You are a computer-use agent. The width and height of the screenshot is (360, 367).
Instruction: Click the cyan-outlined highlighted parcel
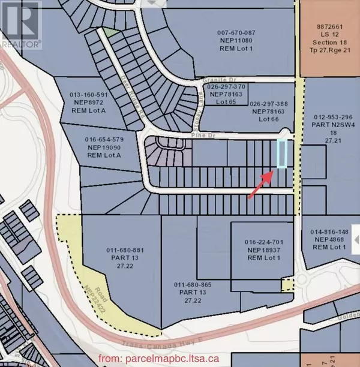coord(282,154)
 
